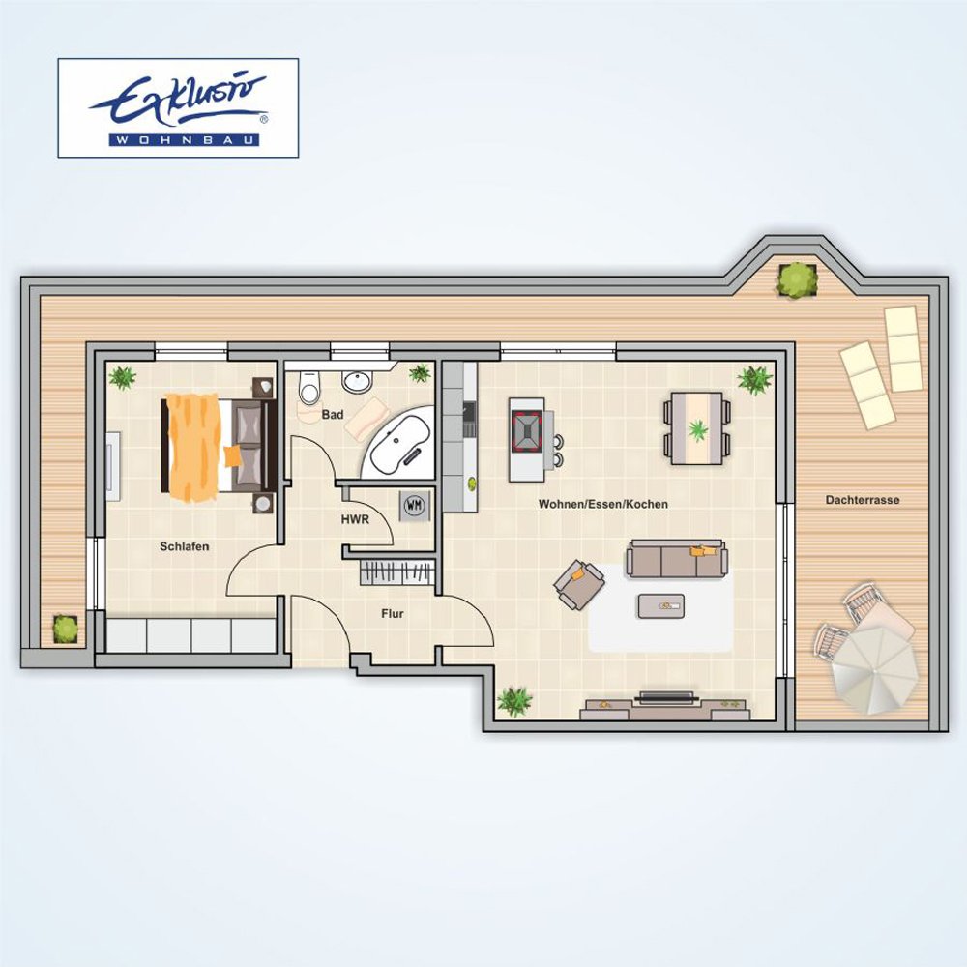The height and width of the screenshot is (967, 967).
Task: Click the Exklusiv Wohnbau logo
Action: coord(178,108)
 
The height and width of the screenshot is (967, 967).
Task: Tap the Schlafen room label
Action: coord(185,546)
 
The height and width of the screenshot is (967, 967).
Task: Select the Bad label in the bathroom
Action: coord(333,415)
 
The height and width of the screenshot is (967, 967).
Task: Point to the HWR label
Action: coord(355,520)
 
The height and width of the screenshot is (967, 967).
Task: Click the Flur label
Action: coord(393,614)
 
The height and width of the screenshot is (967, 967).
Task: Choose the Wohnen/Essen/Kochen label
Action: coord(603,504)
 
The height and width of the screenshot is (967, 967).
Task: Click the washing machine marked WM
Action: coord(415,506)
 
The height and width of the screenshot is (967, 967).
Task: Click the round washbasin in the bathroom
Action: coord(356,381)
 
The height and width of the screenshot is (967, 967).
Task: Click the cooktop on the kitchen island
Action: coord(526,428)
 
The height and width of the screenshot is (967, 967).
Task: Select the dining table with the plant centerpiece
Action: coord(697,427)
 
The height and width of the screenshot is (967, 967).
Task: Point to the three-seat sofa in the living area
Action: coord(676,559)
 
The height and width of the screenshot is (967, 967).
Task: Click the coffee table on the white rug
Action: coord(661,606)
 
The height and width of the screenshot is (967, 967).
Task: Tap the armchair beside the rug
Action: coord(578,584)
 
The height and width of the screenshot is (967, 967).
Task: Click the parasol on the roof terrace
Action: coord(871,669)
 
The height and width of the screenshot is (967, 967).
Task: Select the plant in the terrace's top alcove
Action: coord(798,280)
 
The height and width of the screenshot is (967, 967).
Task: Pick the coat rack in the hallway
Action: coord(397,572)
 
